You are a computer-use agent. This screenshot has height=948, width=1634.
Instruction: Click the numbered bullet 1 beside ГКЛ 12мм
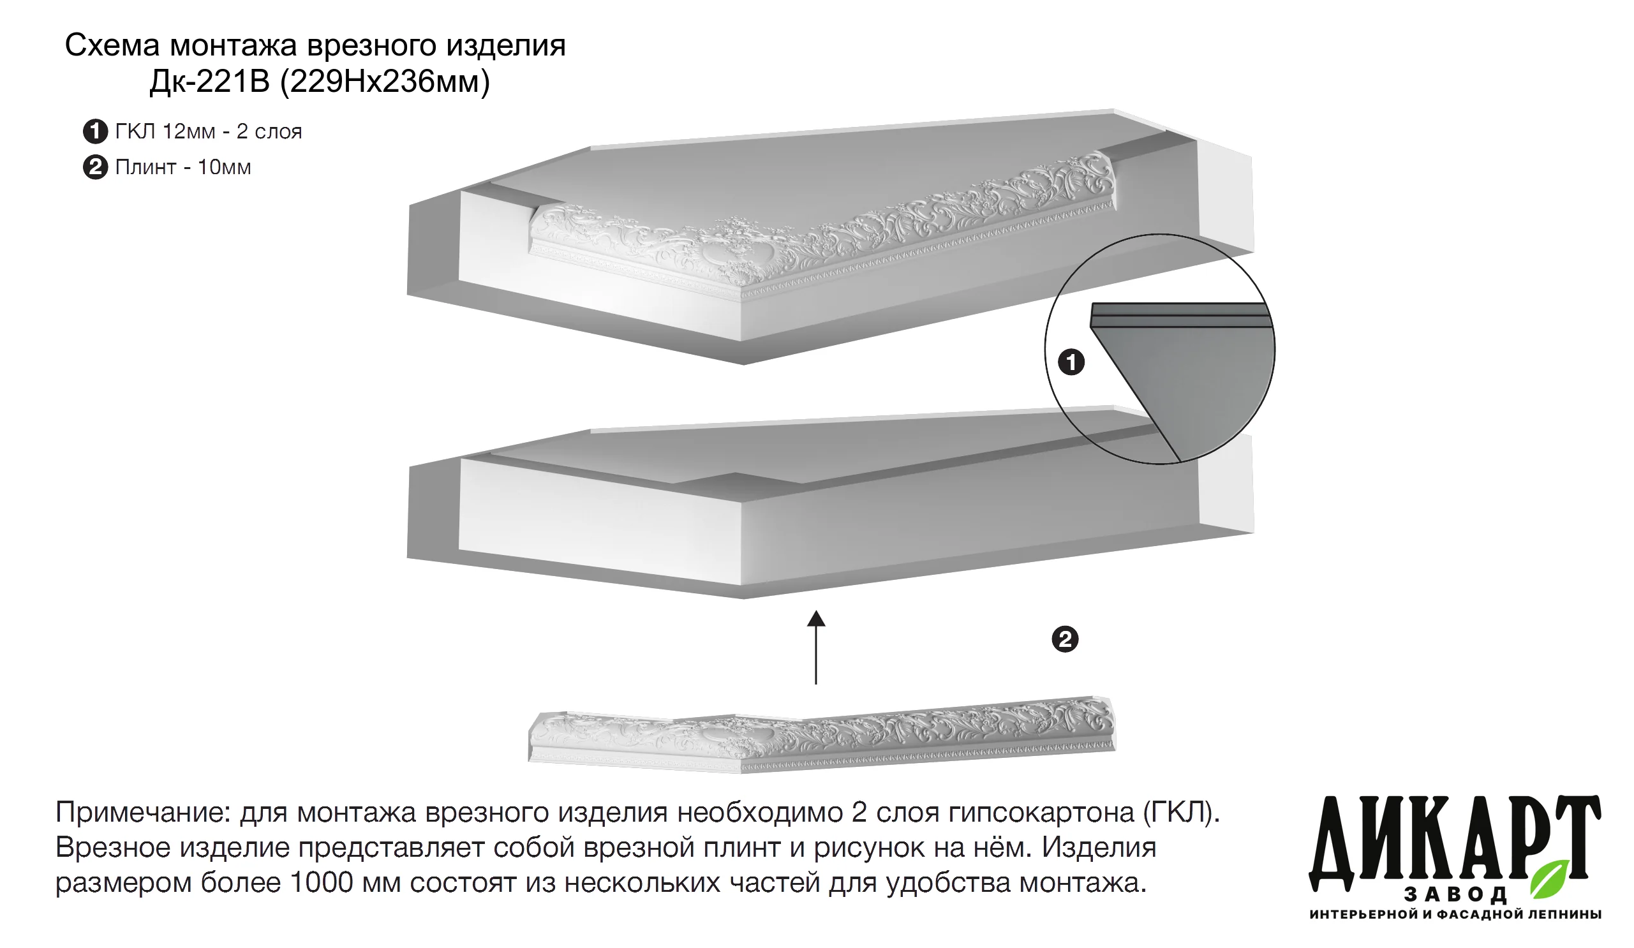[x=95, y=131]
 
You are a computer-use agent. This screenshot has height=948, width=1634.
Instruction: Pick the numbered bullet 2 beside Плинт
[x=95, y=167]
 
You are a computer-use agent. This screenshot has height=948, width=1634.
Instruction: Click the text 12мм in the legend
[x=189, y=131]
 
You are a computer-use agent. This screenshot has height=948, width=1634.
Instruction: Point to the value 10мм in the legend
[x=225, y=167]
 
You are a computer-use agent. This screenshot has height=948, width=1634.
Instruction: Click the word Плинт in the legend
[x=146, y=167]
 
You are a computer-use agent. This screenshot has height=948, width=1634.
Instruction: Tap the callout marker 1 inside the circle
[x=1071, y=362]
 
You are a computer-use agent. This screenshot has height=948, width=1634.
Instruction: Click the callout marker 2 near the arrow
[x=1065, y=639]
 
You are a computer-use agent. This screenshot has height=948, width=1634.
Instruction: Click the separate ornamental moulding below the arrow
[x=822, y=736]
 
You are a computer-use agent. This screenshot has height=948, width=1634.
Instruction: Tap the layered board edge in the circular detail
[x=1180, y=315]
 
